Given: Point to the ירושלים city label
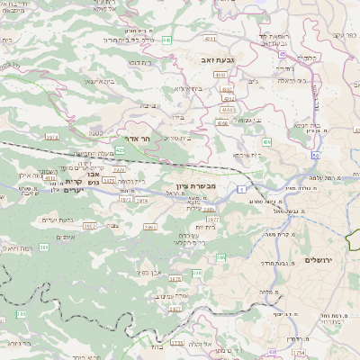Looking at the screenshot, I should tap(319, 259).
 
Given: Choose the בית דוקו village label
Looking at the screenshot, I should tap(139, 62).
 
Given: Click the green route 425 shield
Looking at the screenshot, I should tap(120, 149).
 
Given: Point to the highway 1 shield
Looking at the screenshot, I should tap(241, 191).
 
